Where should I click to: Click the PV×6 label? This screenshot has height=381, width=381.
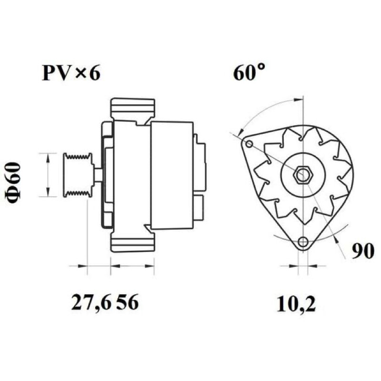point(71,73)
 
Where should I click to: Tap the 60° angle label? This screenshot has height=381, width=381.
point(249,72)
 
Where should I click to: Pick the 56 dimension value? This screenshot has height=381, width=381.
point(127,302)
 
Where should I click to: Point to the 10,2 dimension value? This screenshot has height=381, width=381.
point(296,304)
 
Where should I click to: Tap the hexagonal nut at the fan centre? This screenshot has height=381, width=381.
point(301,174)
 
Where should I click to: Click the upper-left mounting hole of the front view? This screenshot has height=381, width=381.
point(249,144)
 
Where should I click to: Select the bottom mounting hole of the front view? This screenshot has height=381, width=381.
point(302,241)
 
